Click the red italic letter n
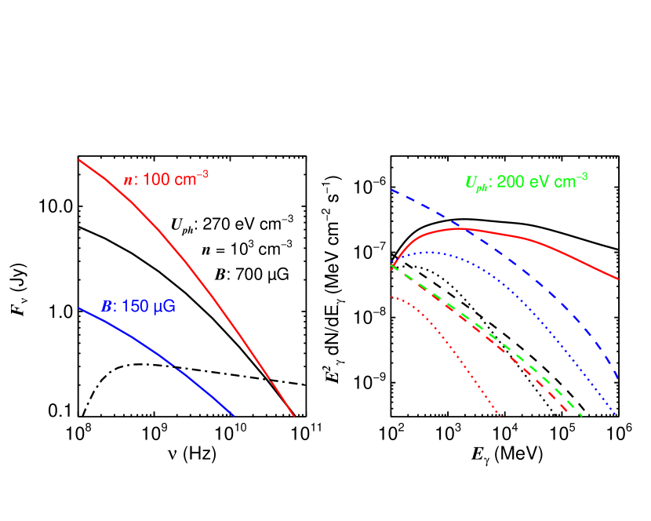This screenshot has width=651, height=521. pos(128,180)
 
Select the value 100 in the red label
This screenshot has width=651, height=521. pos(156,179)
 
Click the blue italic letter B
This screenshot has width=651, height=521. pos(106,306)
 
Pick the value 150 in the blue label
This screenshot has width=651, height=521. pos(134,306)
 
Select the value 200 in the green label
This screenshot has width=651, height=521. pos(510,181)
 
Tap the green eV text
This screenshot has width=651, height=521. pos(538,181)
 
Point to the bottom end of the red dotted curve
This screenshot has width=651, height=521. pos(500,415)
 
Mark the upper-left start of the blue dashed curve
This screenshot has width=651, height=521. pos(392,190)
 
